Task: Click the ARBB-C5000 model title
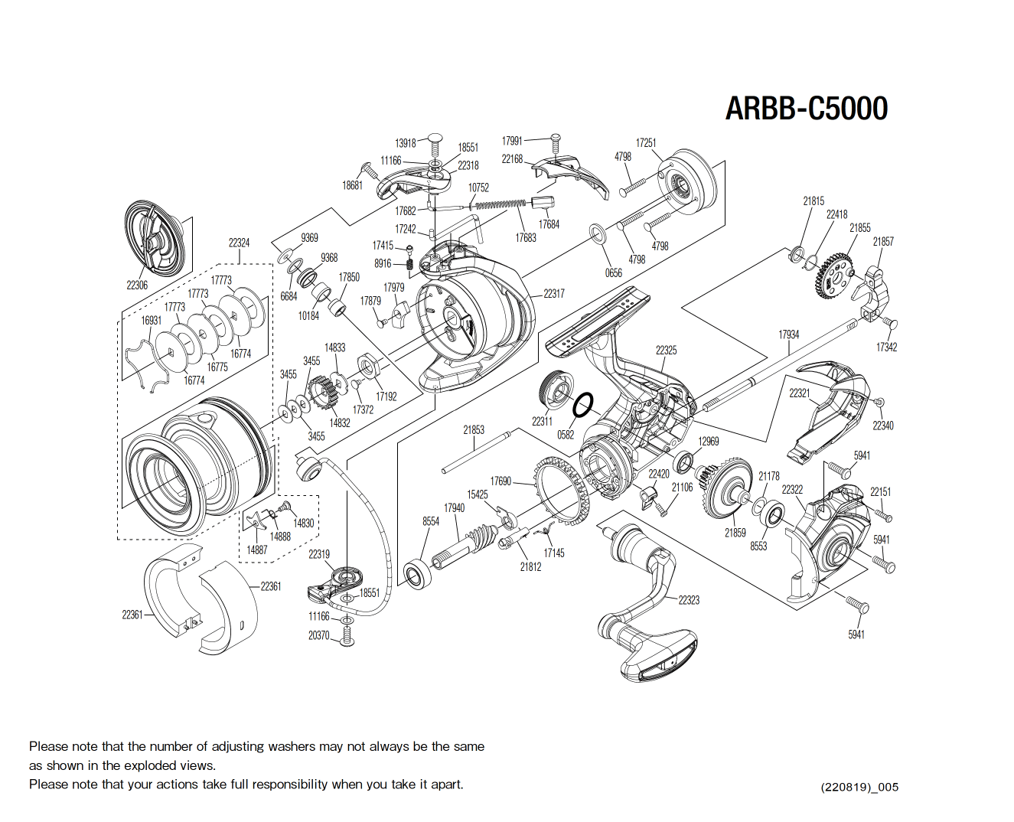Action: tap(806, 109)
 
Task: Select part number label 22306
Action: tap(137, 285)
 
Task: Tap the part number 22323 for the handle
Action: tap(689, 600)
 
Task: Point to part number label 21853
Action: tap(474, 430)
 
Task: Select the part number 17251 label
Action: tap(646, 143)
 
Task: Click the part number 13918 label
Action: tap(406, 143)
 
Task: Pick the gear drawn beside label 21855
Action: tap(835, 276)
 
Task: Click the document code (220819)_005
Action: tap(859, 787)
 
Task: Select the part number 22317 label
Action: tap(554, 294)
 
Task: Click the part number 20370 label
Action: tap(319, 635)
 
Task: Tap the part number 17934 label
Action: tap(788, 334)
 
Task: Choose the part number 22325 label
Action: tap(666, 350)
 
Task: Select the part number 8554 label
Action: tap(431, 521)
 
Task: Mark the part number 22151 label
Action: tap(880, 492)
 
